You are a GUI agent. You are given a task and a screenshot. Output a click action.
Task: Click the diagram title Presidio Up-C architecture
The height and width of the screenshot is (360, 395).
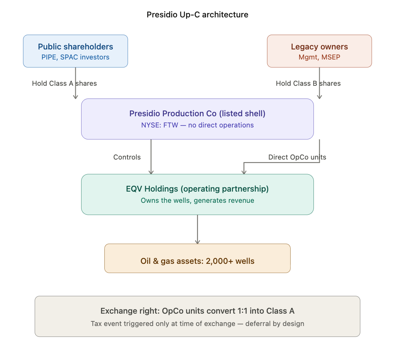(x=197, y=15)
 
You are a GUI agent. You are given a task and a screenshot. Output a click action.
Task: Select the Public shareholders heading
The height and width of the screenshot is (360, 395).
(x=75, y=47)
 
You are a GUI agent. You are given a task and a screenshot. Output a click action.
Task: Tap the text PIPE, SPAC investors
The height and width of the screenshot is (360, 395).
(x=75, y=57)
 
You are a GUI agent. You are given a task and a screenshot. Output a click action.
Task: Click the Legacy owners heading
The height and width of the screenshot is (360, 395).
(x=319, y=47)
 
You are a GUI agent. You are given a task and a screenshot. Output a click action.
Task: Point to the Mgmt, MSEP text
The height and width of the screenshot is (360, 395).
(x=319, y=57)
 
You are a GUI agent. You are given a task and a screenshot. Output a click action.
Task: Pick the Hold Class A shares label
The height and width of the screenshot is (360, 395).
(x=64, y=83)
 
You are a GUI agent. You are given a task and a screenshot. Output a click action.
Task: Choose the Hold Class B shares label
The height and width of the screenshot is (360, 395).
(x=308, y=83)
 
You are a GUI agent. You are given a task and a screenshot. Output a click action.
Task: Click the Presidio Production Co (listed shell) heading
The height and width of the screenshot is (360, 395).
(x=197, y=114)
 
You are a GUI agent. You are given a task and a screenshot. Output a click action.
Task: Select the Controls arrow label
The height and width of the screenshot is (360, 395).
(x=127, y=157)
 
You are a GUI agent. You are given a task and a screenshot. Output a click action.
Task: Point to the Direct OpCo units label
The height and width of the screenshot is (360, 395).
(x=297, y=157)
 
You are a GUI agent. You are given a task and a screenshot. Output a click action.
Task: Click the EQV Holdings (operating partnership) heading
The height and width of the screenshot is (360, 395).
(x=197, y=189)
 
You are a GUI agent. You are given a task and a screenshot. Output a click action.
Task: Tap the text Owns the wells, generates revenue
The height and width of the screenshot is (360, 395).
(x=197, y=200)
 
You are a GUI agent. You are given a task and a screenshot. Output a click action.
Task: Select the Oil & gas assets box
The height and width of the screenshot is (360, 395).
(x=197, y=258)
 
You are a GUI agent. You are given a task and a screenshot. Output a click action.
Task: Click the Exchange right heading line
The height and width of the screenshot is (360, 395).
(x=197, y=311)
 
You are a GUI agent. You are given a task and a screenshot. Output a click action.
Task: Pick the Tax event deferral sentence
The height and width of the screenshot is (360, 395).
(x=197, y=324)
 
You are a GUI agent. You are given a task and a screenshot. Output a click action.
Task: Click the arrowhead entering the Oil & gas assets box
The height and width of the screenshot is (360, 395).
(x=197, y=242)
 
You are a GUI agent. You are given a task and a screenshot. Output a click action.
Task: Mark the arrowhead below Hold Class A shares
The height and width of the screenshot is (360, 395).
(x=75, y=97)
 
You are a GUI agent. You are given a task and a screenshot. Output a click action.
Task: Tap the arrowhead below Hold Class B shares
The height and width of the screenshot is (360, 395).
(x=319, y=97)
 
